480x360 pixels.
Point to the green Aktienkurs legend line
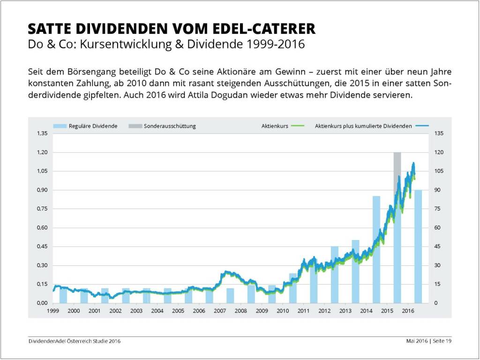click(x=298, y=126)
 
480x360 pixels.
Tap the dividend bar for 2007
click(x=230, y=296)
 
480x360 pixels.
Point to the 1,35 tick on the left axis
click(x=42, y=134)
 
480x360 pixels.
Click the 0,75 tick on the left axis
click(x=42, y=209)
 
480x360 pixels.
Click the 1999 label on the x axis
click(x=52, y=311)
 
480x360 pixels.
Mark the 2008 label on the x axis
click(x=240, y=311)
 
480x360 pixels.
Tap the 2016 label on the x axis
click(x=408, y=311)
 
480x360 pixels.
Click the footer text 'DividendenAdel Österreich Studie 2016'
click(x=75, y=341)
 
